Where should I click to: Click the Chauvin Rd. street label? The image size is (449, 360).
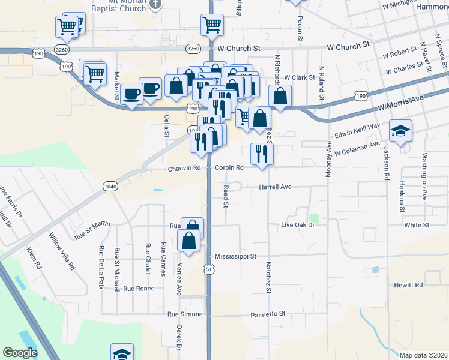coord(184,168)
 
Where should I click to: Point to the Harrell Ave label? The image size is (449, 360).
coord(275,187)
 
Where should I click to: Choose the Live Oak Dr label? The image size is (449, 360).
coord(298,224)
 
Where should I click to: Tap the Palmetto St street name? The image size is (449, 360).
coord(268,313)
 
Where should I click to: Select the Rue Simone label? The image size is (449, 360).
coord(185,314)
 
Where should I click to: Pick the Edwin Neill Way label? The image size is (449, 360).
coord(358,131)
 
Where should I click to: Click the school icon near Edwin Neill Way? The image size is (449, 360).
coord(400,130)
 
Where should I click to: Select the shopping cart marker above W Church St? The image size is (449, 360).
coord(212,25)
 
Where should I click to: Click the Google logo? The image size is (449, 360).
coord(20,353)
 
